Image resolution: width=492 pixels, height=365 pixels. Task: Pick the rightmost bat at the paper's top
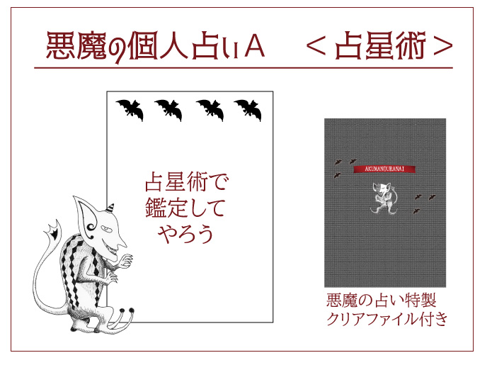[248, 109]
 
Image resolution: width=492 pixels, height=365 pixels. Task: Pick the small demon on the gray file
[384, 197]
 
